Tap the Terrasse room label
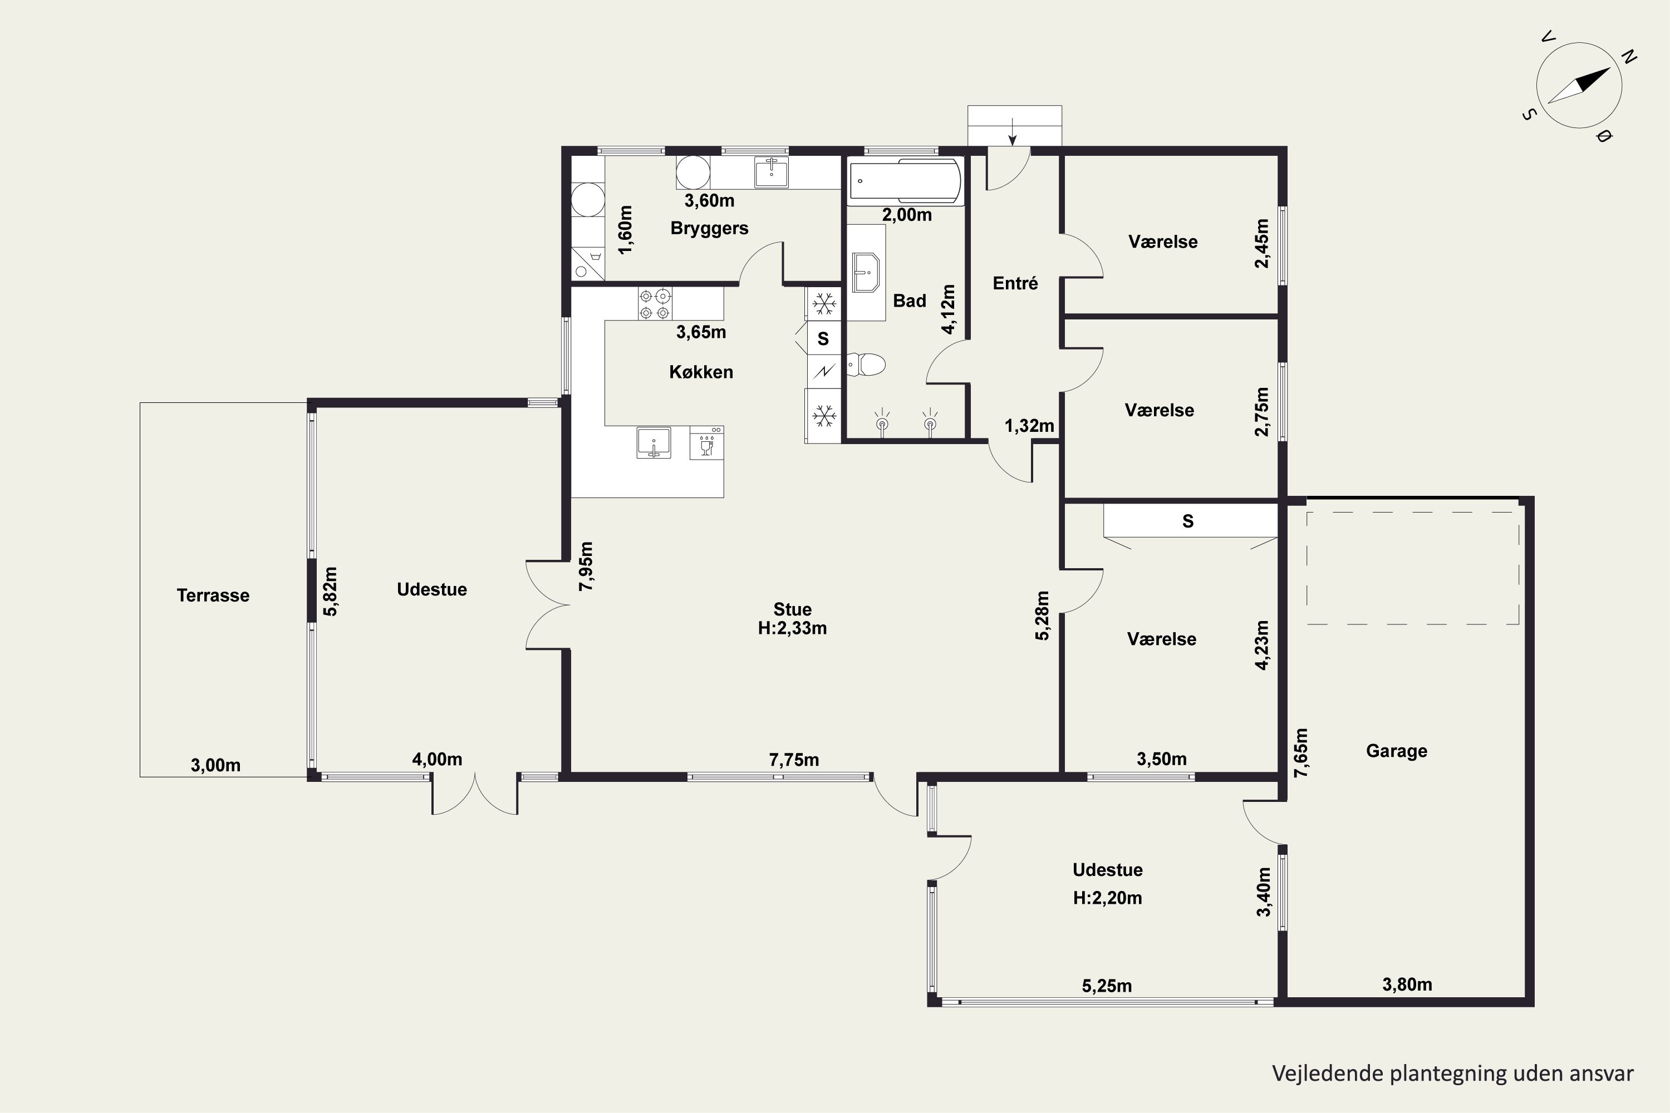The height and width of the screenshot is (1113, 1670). (213, 595)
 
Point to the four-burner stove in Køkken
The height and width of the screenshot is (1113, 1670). (655, 303)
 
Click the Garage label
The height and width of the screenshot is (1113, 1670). (1397, 750)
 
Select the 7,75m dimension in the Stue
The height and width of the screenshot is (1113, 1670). (794, 760)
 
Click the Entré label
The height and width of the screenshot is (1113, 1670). (1015, 283)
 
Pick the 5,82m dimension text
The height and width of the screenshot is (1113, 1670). (330, 590)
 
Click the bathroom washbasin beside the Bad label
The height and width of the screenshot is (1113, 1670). (866, 273)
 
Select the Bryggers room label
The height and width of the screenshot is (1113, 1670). (709, 229)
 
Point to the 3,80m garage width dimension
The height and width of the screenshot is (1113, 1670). (1407, 984)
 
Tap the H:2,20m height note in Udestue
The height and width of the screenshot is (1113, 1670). (1108, 898)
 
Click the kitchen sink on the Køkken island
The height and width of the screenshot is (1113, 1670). (653, 443)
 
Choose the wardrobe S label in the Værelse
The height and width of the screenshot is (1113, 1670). (1188, 522)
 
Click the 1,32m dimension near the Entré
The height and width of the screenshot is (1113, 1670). (1029, 426)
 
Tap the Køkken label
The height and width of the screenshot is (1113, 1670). (701, 372)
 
